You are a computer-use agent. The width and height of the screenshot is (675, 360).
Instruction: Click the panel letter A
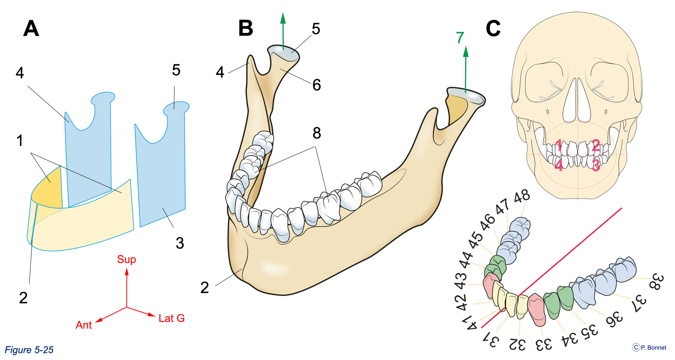31,29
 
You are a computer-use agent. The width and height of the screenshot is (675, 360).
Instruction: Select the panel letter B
246,28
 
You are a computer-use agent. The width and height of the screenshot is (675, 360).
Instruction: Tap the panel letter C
493,29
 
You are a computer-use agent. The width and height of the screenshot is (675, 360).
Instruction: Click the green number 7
460,38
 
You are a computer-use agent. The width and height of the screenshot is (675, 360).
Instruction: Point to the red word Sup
126,260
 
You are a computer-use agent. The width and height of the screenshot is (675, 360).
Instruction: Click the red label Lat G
171,318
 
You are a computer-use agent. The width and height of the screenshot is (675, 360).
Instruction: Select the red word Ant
84,325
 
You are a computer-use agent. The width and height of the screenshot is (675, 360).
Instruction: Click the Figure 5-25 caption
29,350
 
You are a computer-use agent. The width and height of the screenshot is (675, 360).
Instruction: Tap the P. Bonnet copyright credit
649,347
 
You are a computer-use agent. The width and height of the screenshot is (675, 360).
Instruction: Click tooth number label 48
522,196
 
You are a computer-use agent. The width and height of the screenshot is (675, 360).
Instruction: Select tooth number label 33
544,345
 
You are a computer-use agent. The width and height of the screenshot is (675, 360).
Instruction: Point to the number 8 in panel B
317,133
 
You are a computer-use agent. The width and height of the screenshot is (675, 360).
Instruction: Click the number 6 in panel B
317,85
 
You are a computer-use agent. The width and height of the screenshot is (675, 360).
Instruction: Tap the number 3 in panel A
180,243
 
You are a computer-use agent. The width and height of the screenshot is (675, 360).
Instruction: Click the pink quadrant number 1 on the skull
558,146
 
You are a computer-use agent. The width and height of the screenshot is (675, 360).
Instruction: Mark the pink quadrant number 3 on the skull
596,165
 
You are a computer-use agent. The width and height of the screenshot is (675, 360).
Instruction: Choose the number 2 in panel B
205,288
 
